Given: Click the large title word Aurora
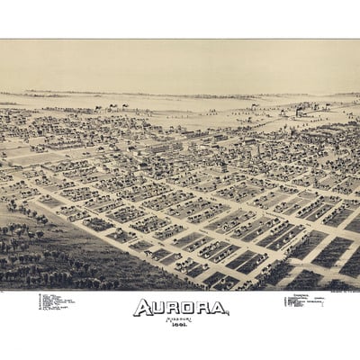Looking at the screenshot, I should pos(181,308).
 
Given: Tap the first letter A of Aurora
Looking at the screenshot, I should pos(142,308).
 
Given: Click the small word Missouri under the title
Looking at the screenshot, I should pos(181,318).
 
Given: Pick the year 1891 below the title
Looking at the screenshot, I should pos(181,326).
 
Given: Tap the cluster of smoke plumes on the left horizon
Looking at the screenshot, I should pos(117,106).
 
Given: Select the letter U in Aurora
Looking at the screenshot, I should pos(158,308).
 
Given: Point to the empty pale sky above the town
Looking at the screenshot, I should pos(180,63).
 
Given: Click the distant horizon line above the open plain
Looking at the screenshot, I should pos(180,94).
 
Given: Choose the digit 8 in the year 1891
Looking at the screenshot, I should pos(178,326).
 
